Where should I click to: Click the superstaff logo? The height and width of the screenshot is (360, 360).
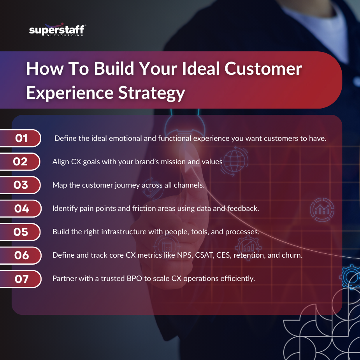click(57, 30)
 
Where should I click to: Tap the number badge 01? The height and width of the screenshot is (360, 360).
click(21, 138)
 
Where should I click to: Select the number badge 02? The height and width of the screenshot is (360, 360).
click(20, 162)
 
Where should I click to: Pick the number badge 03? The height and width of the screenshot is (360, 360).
click(21, 185)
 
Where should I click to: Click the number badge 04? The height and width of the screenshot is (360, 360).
click(21, 209)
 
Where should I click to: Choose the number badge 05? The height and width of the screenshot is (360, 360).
click(21, 232)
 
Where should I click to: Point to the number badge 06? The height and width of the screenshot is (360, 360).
click(21, 255)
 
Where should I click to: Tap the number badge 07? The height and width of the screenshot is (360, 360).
click(21, 279)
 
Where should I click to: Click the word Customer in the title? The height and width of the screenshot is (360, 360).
click(263, 68)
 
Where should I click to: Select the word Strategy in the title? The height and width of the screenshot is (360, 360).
click(151, 93)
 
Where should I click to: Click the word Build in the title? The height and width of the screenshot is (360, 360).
click(114, 68)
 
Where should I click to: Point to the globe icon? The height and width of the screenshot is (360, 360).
click(234, 161)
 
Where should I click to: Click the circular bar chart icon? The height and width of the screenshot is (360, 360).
click(322, 210)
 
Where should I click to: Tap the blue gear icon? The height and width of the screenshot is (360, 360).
click(351, 276)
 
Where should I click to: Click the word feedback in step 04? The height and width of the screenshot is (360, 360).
click(243, 208)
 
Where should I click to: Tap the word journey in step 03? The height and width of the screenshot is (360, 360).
click(127, 185)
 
